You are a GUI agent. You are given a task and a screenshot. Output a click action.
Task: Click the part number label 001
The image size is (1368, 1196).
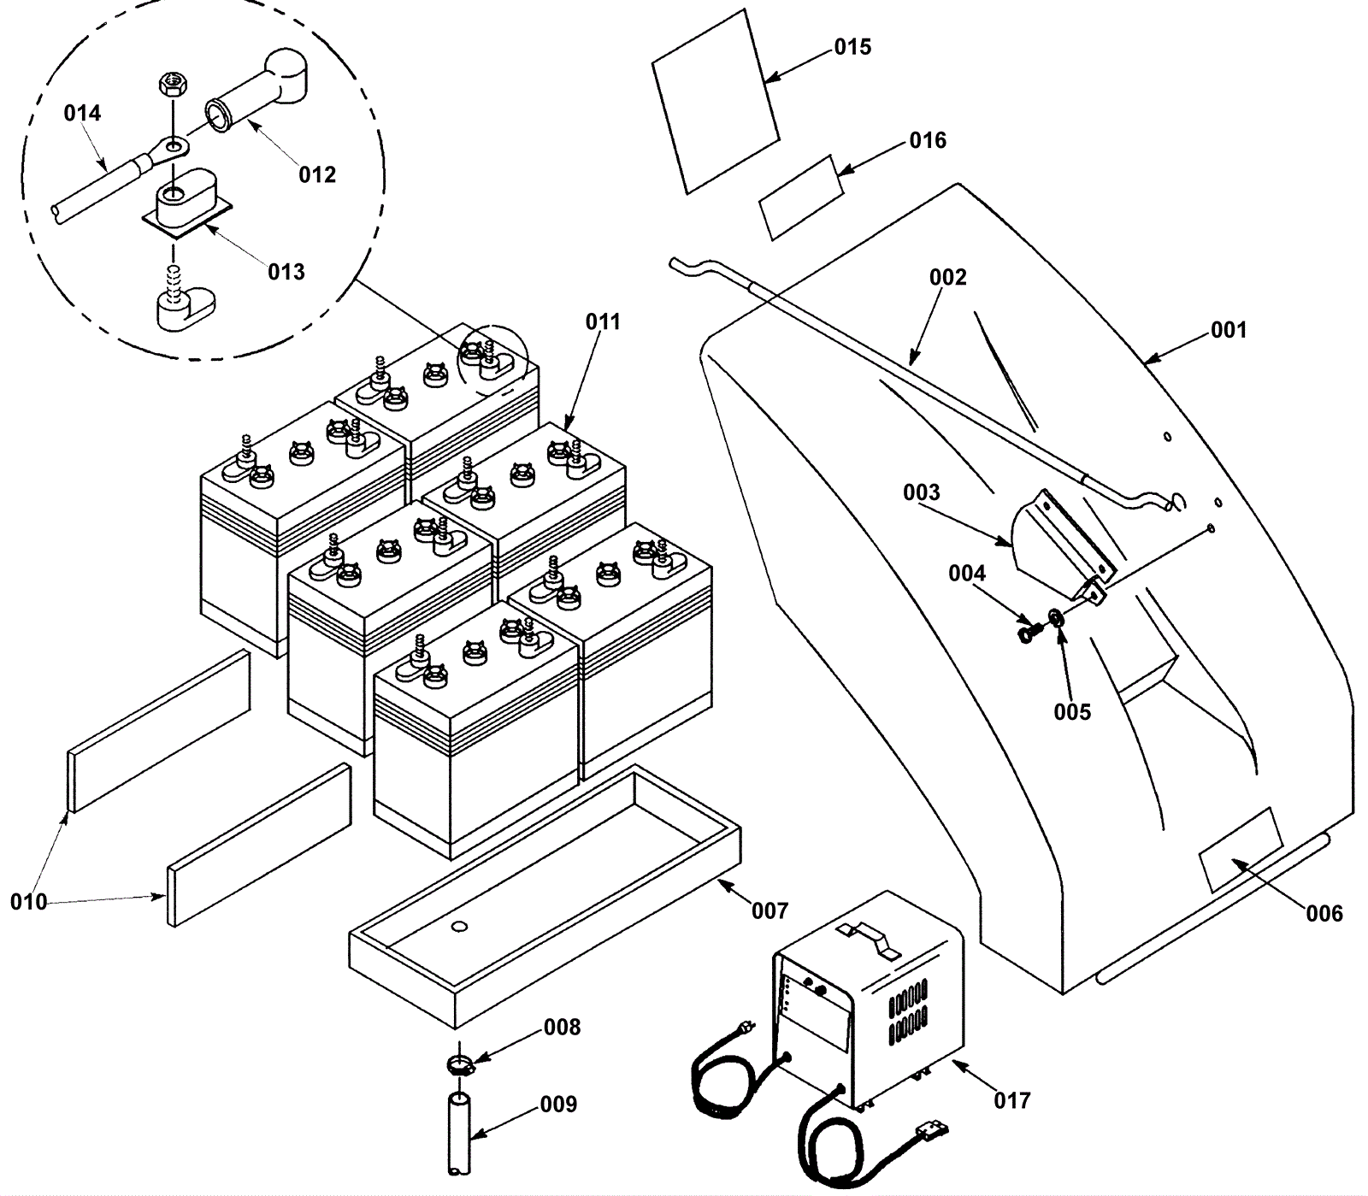point(1228,330)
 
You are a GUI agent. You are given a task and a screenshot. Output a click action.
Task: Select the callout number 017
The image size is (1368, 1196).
point(1011,1099)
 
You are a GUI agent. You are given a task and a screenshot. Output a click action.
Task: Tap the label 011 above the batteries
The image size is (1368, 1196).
point(603,321)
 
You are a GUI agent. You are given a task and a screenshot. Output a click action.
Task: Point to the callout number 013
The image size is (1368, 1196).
point(286,272)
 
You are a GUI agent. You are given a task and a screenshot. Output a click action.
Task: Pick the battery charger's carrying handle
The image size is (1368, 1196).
point(869,938)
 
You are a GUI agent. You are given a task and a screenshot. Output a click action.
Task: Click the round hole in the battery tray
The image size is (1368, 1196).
point(458,926)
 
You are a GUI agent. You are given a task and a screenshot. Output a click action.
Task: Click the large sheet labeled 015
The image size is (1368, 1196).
point(715,101)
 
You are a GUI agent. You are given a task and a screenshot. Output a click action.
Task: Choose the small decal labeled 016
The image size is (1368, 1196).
point(800,197)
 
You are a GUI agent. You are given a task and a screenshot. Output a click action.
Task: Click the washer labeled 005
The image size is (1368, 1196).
point(1056,616)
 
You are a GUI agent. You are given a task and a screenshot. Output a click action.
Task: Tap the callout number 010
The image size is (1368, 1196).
point(27,901)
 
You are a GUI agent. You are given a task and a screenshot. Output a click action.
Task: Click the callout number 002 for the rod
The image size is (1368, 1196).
point(947,277)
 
